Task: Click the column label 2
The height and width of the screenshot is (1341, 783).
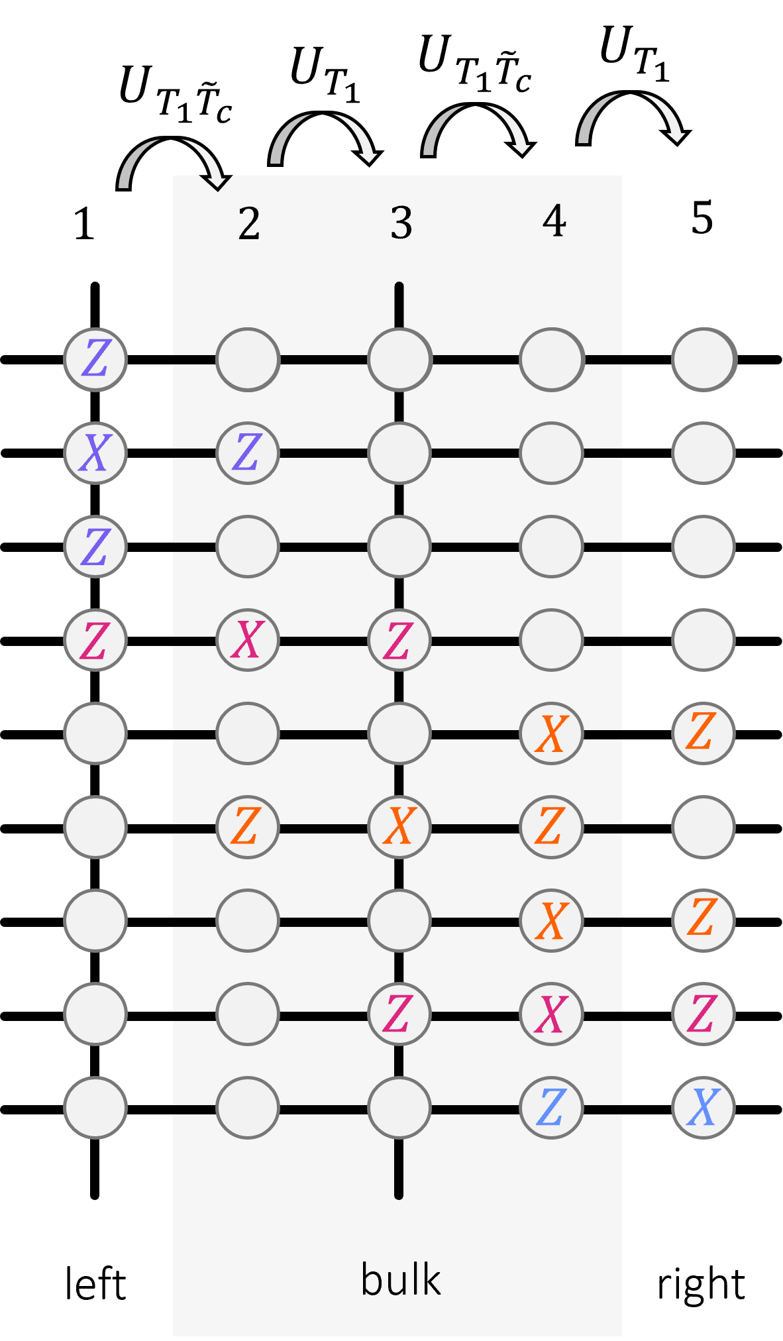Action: click(249, 223)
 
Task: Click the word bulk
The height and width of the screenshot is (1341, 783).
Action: click(401, 1279)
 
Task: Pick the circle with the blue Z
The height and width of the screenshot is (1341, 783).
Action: click(551, 1107)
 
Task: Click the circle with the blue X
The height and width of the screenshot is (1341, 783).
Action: click(704, 1107)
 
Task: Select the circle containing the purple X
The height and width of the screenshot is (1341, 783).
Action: click(95, 453)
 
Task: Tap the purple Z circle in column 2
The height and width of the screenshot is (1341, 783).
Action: click(248, 453)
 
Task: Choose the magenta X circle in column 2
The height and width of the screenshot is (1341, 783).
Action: click(248, 640)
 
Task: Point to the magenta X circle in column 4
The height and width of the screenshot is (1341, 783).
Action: click(551, 1014)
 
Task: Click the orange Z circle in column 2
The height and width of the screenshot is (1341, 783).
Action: click(248, 827)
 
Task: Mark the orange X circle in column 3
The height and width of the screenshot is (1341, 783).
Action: click(399, 827)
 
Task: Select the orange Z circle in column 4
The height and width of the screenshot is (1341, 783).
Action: click(551, 827)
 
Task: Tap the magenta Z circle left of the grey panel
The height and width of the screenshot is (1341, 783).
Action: click(95, 640)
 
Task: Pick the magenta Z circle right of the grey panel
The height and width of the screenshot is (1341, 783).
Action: click(704, 1014)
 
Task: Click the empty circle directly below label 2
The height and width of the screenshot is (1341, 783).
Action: click(248, 360)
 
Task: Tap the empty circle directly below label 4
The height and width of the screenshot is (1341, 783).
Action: click(551, 360)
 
